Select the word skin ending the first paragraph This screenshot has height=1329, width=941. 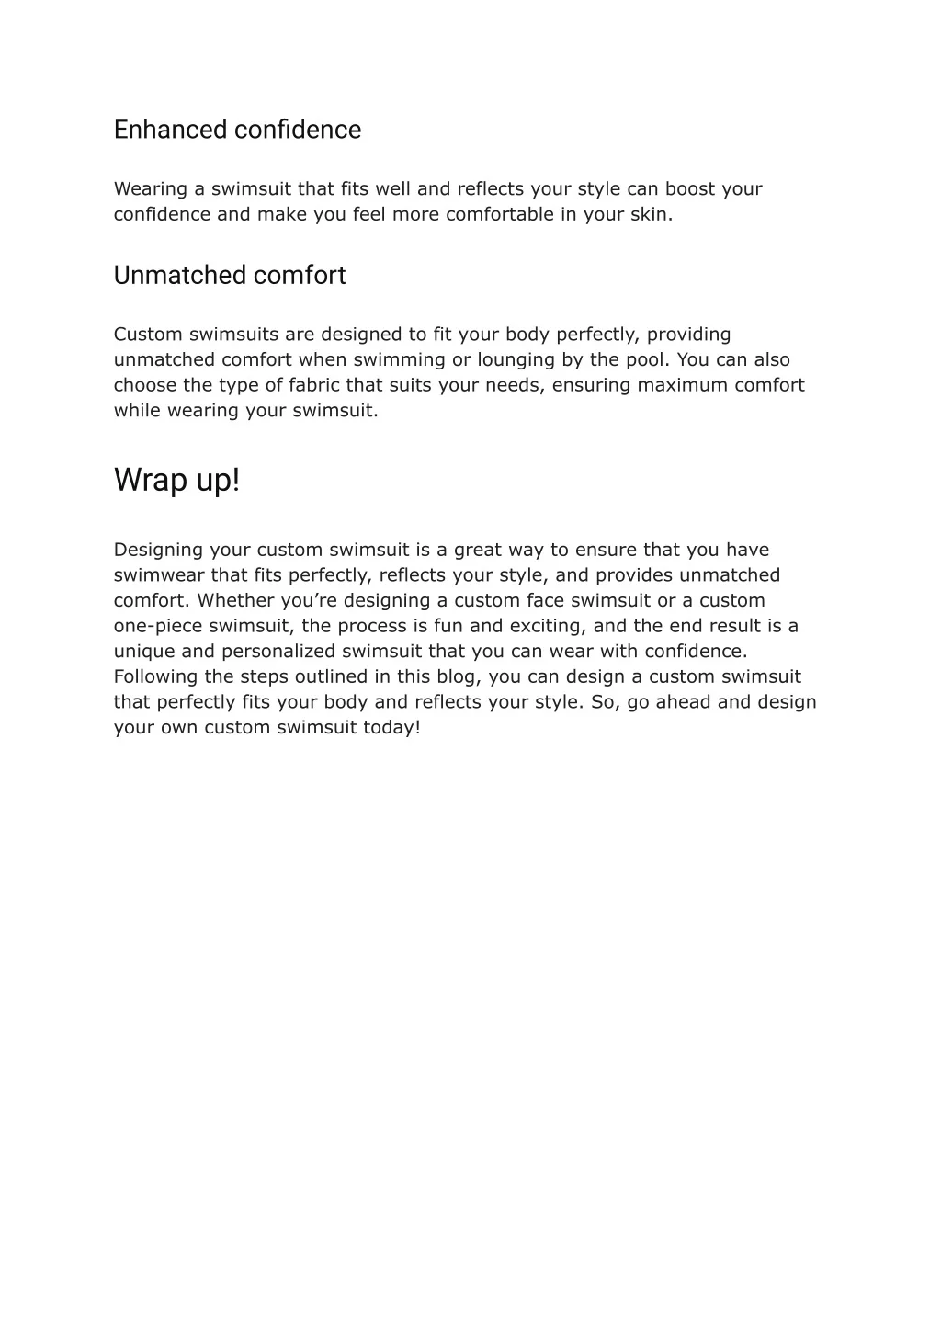pyautogui.click(x=653, y=215)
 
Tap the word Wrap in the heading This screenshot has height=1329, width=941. pyautogui.click(x=148, y=480)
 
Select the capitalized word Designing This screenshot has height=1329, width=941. pyautogui.click(x=158, y=551)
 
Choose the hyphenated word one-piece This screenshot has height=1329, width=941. pyautogui.click(x=158, y=626)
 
